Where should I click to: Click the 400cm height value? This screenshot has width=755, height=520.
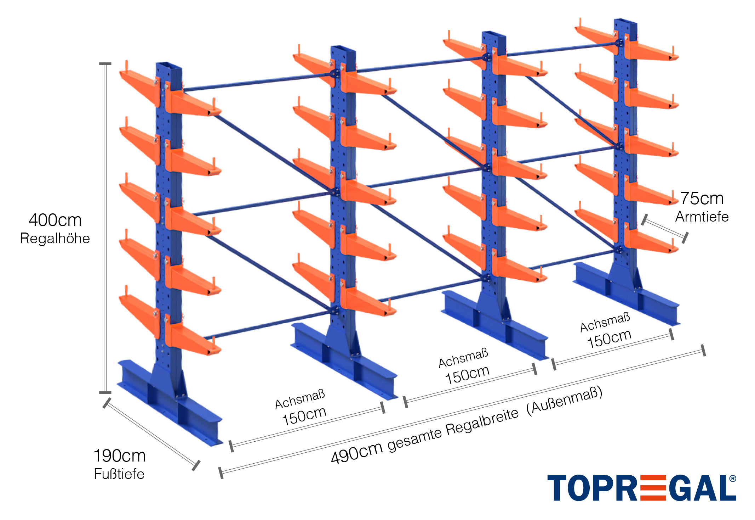coord(55,220)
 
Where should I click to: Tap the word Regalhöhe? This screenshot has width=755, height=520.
coord(55,239)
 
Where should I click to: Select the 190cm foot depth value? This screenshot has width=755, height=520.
coord(120,456)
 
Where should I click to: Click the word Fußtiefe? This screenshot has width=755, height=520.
coord(119,474)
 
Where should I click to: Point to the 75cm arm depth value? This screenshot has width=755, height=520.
coord(702,199)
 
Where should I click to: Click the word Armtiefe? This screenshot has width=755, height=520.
coord(702,217)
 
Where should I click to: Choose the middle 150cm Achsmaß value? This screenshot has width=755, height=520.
coord(467,374)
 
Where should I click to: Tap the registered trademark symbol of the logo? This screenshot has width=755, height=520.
coord(732,479)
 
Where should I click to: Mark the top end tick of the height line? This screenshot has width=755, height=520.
coord(105,64)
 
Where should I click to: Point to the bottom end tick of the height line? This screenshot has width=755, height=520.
coord(105,392)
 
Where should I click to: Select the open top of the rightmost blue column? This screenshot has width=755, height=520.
coord(625,22)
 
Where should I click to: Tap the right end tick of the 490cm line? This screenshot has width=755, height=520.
coord(703,350)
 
